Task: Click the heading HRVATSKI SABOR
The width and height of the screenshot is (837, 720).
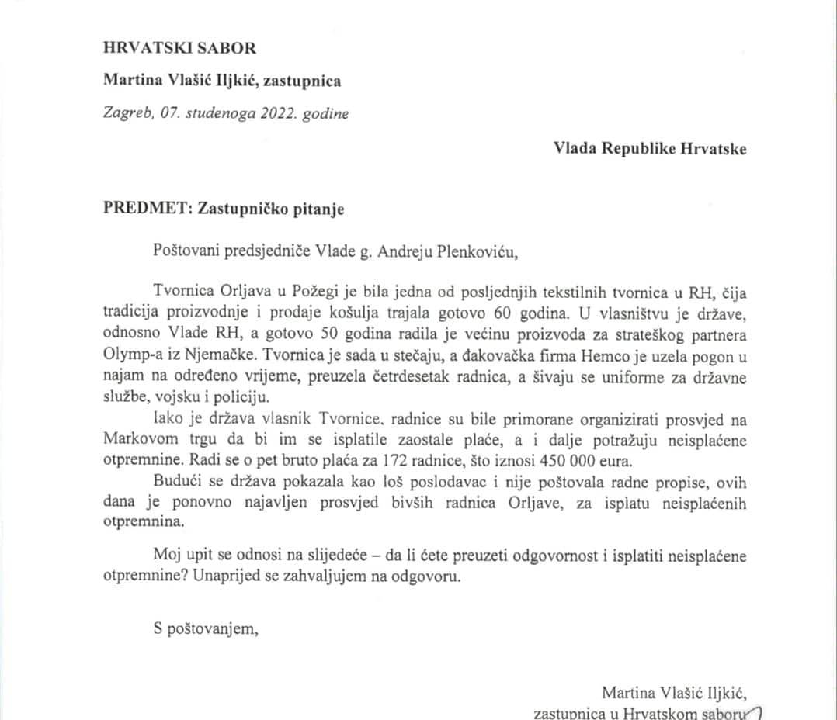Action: tap(179, 47)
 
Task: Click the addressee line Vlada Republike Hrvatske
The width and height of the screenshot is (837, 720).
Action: tap(650, 149)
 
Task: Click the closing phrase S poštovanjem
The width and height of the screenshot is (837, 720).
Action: tap(204, 628)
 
